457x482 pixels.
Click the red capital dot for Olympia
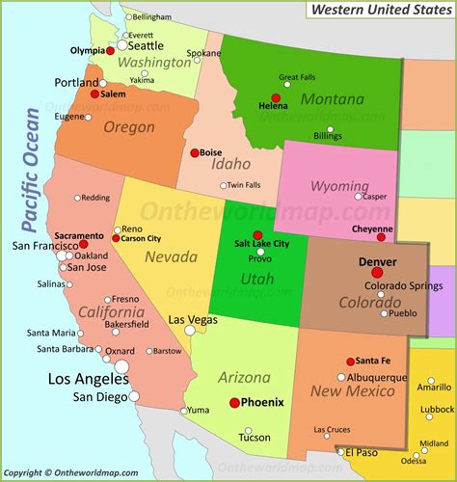pyautogui.click(x=110, y=50)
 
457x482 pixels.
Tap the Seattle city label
pyautogui.click(x=146, y=45)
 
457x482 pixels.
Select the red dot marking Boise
pyautogui.click(x=194, y=151)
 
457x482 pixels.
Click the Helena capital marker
pyautogui.click(x=276, y=98)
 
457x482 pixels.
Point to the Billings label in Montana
pyautogui.click(x=328, y=137)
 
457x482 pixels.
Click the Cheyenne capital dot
pyautogui.click(x=381, y=236)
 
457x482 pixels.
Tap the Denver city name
pyautogui.click(x=377, y=261)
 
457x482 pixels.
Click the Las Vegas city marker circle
pyautogui.click(x=190, y=331)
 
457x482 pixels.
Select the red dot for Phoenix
pyautogui.click(x=234, y=403)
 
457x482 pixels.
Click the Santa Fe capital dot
pyautogui.click(x=350, y=361)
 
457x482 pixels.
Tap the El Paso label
pyautogui.click(x=362, y=452)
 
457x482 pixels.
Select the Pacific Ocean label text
pyautogui.click(x=31, y=172)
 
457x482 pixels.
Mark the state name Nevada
pyautogui.click(x=165, y=256)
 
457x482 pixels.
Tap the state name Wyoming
pyautogui.click(x=338, y=185)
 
